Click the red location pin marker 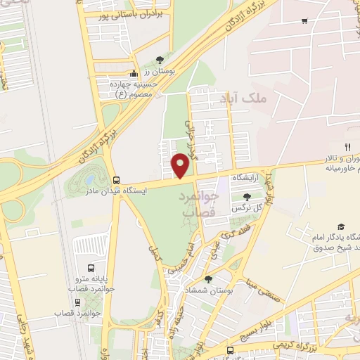181,165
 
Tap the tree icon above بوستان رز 160,60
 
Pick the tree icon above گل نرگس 246,197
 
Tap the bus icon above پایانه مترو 90,268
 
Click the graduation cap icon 341,227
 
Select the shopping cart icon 304,21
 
